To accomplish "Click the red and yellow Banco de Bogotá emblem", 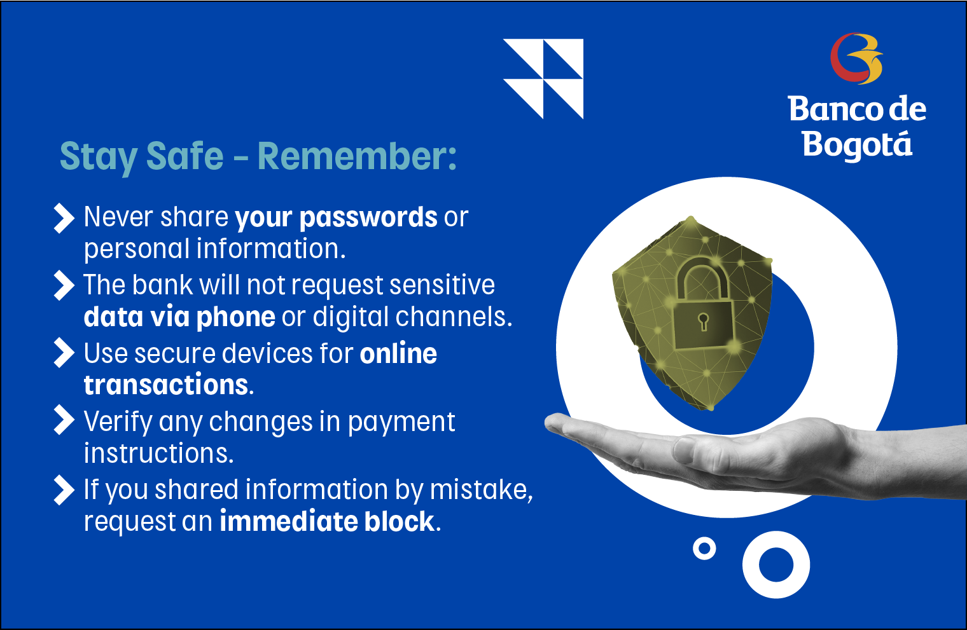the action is (856, 58).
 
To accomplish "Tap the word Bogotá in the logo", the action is (858, 144).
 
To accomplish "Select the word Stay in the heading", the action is (99, 158).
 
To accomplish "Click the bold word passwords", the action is (368, 217).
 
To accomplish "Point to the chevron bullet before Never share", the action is (64, 218).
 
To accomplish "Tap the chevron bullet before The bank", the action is (64, 285).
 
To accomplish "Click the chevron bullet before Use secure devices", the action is (64, 353).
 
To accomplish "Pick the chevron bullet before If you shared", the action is (64, 490).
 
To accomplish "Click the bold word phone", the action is (235, 318).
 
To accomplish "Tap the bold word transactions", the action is (166, 385).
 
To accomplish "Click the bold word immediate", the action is (288, 521).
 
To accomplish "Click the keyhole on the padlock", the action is (704, 322).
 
